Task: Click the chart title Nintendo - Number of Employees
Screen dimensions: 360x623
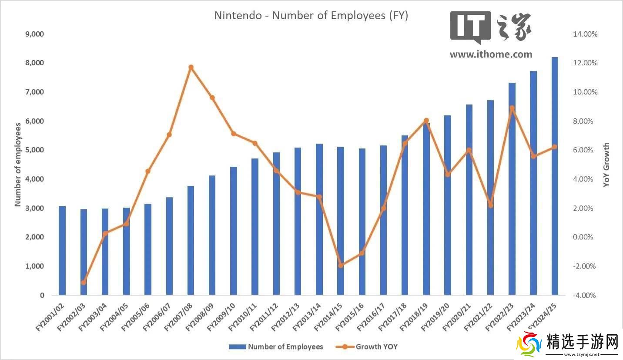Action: [311, 16]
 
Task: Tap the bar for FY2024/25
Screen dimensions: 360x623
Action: [555, 176]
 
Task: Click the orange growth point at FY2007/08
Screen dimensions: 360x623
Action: [191, 67]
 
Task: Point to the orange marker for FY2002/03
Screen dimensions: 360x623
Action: [84, 283]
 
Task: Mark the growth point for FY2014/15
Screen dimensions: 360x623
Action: [341, 265]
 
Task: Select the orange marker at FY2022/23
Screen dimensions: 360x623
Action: [512, 108]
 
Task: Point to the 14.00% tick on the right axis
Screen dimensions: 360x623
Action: [585, 34]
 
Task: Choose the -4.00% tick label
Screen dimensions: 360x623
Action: [585, 295]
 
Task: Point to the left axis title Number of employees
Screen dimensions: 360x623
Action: [18, 165]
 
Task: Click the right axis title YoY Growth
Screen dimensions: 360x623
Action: [606, 165]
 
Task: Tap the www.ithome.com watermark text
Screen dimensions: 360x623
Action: [491, 54]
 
